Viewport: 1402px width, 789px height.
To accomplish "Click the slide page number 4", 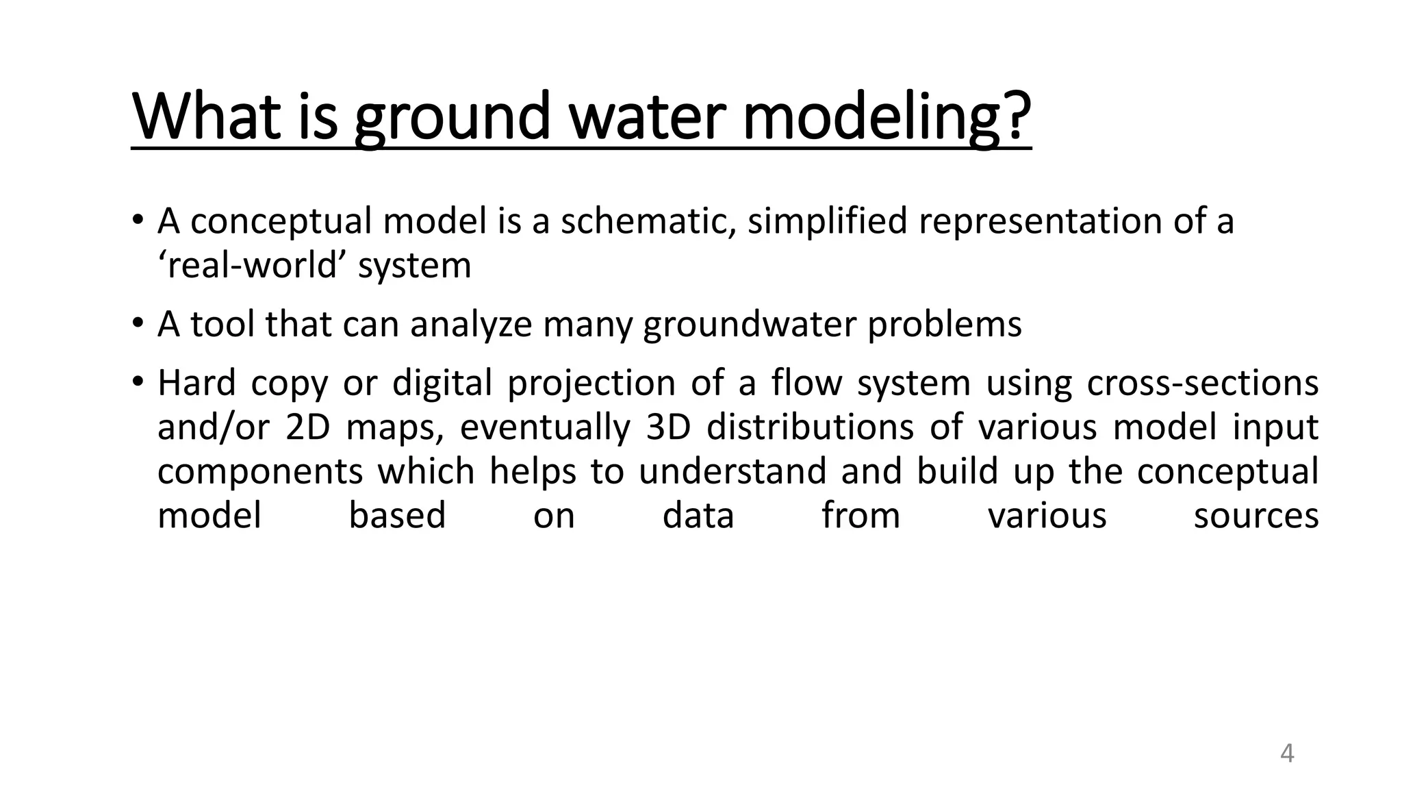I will [x=1286, y=753].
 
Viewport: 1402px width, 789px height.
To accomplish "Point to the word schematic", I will [x=648, y=222].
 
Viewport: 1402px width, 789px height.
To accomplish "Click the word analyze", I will [x=471, y=325].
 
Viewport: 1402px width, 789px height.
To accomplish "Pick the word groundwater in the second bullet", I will [x=750, y=325].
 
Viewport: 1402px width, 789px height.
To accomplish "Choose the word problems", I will [x=945, y=325].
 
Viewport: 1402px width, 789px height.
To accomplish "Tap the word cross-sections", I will [x=1202, y=383].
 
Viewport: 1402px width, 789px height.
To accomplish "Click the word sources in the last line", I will [x=1256, y=516].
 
